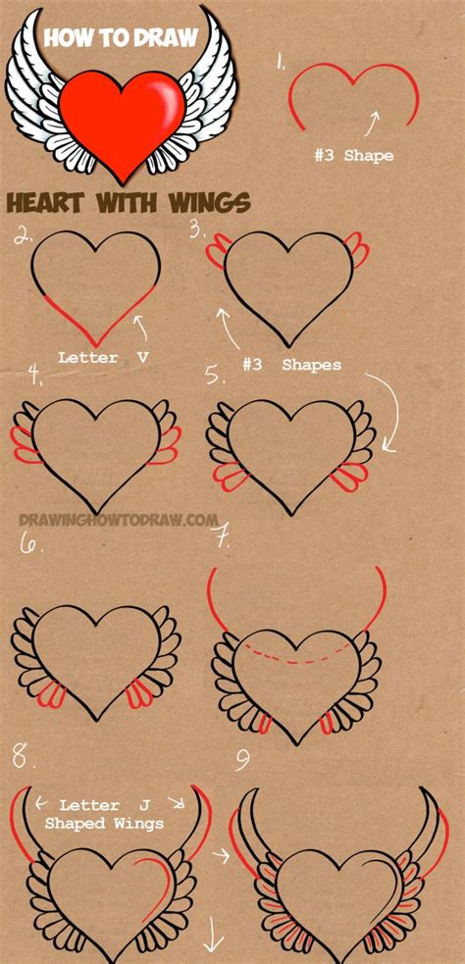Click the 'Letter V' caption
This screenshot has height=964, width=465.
pyautogui.click(x=102, y=359)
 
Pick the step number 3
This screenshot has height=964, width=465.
pyautogui.click(x=199, y=231)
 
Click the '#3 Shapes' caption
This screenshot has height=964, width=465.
pyautogui.click(x=291, y=365)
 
